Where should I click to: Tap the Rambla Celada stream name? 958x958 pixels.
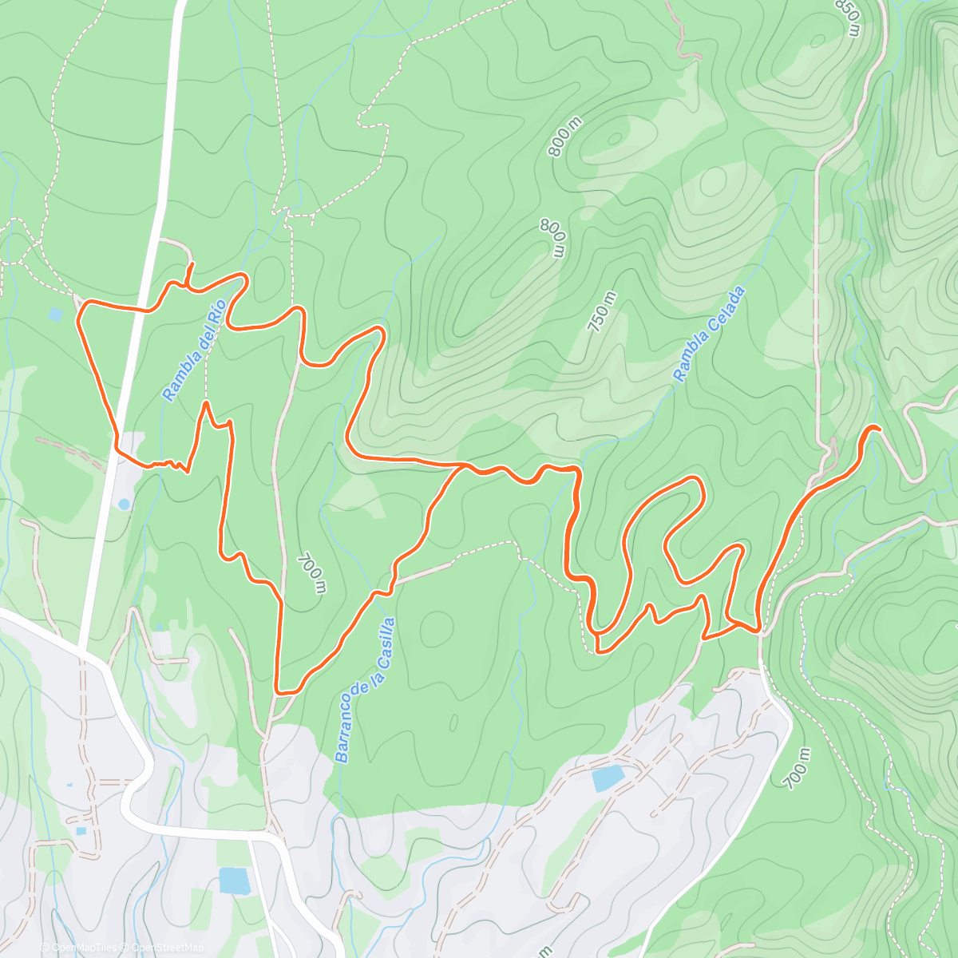[x=709, y=334]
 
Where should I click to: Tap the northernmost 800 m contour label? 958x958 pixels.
[x=565, y=137]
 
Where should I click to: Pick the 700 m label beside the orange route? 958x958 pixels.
[x=311, y=573]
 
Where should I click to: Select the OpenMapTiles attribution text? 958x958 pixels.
[x=85, y=948]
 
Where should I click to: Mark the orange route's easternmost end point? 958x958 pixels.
[x=878, y=430]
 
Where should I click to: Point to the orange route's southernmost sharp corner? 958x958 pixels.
[x=277, y=691]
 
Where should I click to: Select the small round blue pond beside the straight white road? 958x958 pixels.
[x=124, y=504]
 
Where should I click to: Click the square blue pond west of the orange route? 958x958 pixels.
[x=54, y=315]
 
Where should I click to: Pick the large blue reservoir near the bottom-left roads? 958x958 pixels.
[x=234, y=881]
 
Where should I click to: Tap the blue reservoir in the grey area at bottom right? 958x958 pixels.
[x=608, y=778]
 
